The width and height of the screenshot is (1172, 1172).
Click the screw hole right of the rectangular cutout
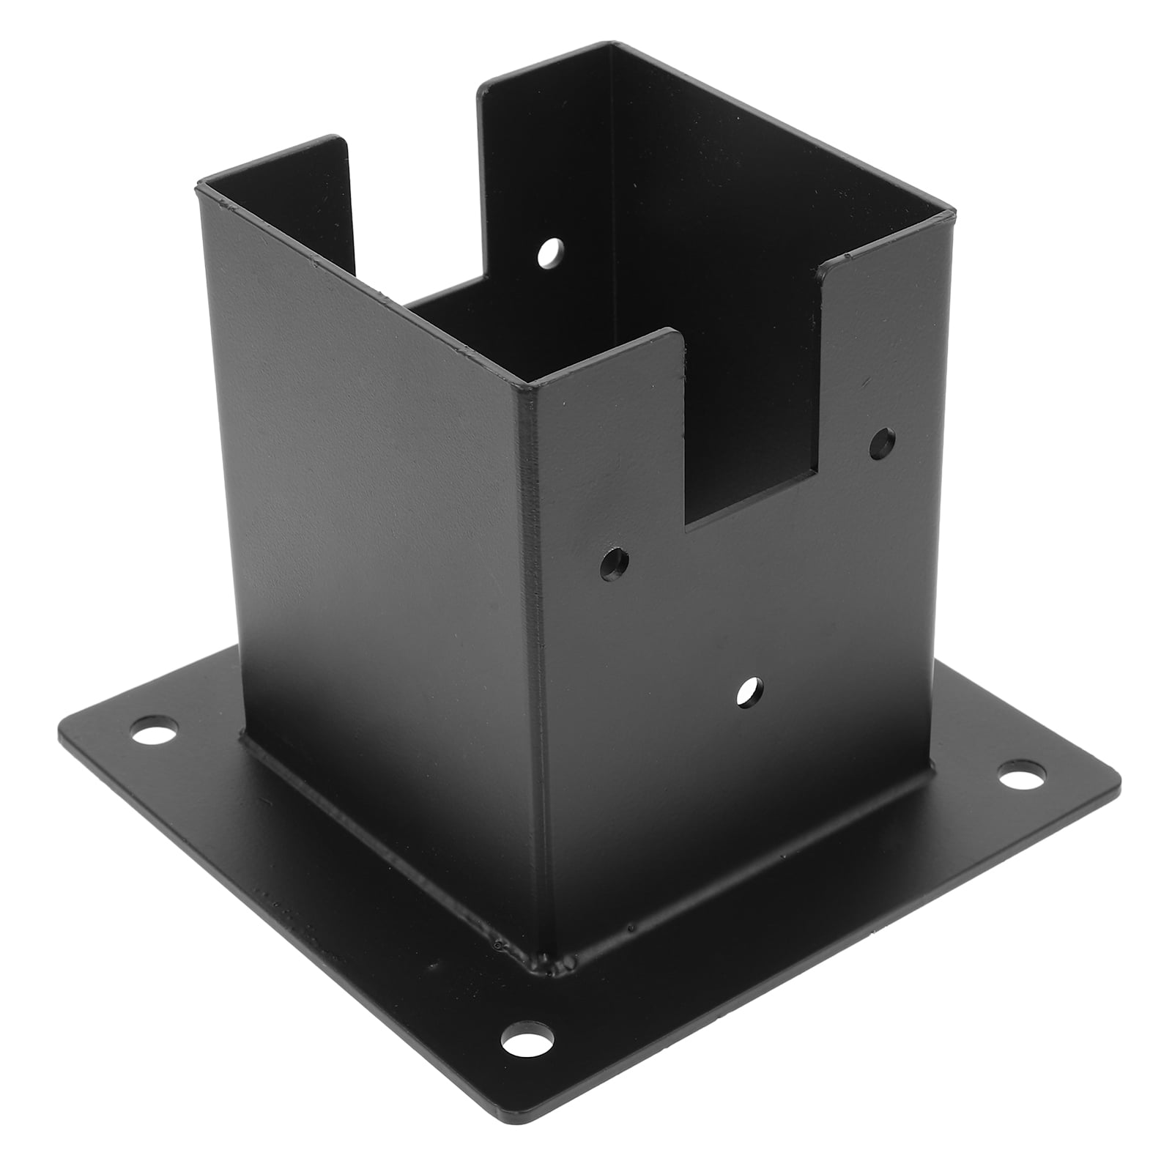click(883, 442)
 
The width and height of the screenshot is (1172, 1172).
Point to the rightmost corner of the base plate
click(1118, 784)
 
